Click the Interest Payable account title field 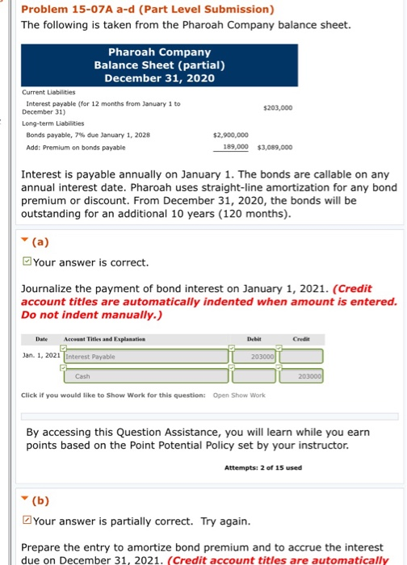[145, 356]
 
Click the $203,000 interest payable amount [277, 107]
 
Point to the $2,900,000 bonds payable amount [230, 136]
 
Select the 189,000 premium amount [234, 148]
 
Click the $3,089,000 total [275, 148]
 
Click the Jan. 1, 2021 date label [41, 356]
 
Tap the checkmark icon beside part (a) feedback [26, 262]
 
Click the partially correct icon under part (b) [26, 521]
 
